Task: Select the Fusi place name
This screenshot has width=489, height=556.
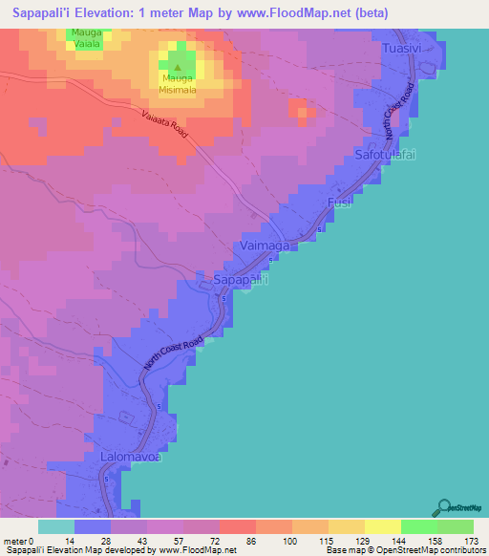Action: pos(341,203)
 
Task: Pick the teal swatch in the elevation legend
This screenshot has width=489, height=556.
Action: pos(56,526)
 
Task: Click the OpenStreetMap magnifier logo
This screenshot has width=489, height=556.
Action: pos(445,508)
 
